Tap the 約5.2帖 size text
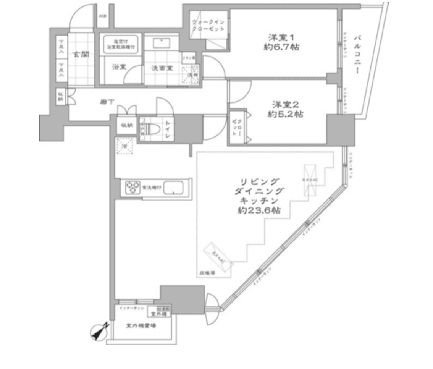point(286,114)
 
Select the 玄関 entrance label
point(81,55)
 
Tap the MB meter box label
point(102,16)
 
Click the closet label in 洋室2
point(236,128)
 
